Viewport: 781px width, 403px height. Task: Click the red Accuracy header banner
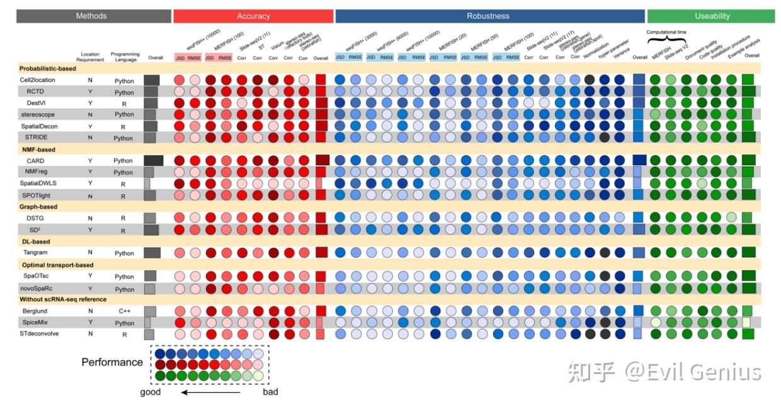click(x=253, y=16)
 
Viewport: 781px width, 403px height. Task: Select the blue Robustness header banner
click(x=488, y=16)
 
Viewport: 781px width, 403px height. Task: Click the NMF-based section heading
click(x=37, y=150)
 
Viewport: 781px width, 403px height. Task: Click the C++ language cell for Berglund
click(x=124, y=311)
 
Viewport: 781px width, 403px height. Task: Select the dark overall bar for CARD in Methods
click(x=154, y=161)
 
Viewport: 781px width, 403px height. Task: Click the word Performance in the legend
click(x=112, y=362)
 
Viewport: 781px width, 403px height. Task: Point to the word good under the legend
click(x=151, y=392)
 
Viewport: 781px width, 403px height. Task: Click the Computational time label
click(x=666, y=31)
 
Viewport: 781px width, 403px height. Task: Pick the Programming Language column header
click(x=125, y=58)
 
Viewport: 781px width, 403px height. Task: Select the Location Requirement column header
click(x=90, y=58)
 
